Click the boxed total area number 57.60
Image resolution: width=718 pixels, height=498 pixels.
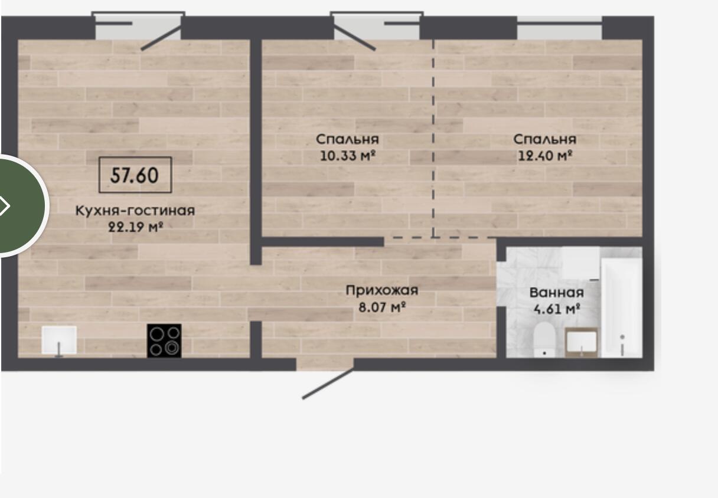pos(135,175)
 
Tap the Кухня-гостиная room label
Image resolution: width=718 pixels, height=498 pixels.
pos(135,211)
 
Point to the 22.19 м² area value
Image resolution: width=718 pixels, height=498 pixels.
pos(136,227)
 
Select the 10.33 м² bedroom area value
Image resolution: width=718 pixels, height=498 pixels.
pos(347,156)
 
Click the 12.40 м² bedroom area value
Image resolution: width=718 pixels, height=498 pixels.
pos(545,156)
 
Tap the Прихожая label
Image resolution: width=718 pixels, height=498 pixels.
pos(382,290)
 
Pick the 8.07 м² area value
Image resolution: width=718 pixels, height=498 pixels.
pos(382,307)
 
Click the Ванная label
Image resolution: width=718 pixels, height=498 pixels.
pos(556,293)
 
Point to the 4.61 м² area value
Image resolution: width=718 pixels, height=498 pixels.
pos(557,309)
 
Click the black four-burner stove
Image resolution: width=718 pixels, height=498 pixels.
pos(164,341)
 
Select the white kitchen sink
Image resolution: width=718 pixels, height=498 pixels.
pos(59,340)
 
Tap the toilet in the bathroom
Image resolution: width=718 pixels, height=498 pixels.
pos(544,339)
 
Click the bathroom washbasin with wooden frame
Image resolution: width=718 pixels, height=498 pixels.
pos(581,342)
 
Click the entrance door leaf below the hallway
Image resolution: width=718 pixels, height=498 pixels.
pos(328,384)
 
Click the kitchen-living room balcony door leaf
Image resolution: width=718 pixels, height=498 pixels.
pos(162,38)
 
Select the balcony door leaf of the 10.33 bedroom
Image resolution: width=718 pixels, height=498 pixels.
pos(354,38)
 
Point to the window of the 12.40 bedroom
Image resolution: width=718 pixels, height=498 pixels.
pos(559,28)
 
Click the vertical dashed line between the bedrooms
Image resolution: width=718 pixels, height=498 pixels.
pos(433,138)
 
